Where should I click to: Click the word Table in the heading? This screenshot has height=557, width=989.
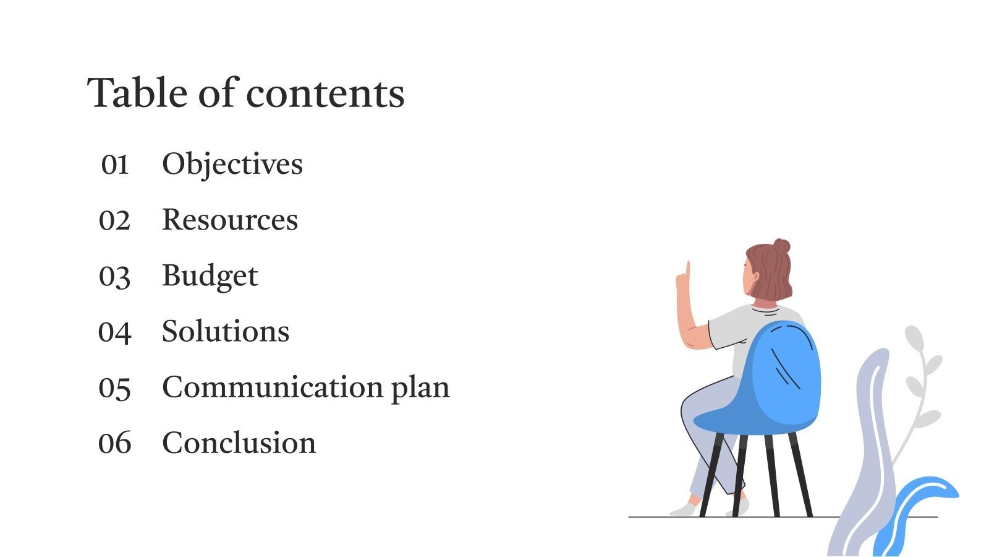[x=137, y=93]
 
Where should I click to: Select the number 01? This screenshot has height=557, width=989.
[x=115, y=165]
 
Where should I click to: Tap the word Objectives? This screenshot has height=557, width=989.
[x=232, y=165]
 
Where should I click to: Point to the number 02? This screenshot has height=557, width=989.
[x=115, y=220]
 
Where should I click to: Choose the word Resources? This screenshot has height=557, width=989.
[x=230, y=220]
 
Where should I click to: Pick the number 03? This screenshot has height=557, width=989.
[x=115, y=276]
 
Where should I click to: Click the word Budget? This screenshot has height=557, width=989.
[x=210, y=276]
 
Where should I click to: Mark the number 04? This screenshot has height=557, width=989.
[x=115, y=332]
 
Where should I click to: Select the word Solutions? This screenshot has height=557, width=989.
[x=226, y=332]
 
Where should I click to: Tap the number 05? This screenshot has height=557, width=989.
[x=115, y=388]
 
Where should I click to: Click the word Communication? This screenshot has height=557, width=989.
[x=273, y=387]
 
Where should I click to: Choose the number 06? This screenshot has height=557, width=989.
[x=115, y=444]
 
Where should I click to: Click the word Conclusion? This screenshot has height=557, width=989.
[x=239, y=443]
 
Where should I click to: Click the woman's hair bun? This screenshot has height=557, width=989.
[x=781, y=246]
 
